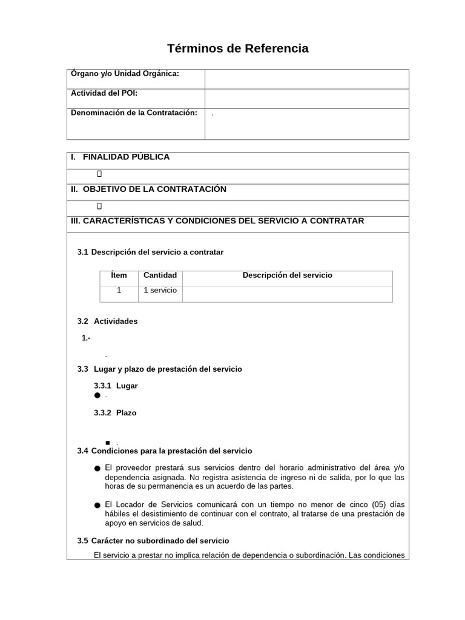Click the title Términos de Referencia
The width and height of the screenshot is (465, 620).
click(237, 48)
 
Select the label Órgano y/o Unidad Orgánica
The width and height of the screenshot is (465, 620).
click(125, 74)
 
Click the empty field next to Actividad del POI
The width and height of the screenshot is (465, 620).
click(306, 99)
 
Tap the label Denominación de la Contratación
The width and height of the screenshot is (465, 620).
click(134, 113)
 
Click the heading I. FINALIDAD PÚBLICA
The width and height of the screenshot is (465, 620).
click(120, 157)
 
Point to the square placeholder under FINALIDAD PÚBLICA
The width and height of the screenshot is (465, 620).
click(99, 174)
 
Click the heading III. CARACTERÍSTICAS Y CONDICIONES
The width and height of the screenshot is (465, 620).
click(217, 221)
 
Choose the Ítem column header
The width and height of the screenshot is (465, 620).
click(119, 275)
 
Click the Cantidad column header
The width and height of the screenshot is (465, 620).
click(160, 275)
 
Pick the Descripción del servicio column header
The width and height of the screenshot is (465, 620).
click(287, 275)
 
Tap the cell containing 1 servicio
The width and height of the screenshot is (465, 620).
click(160, 291)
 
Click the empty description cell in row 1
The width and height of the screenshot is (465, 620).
click(287, 294)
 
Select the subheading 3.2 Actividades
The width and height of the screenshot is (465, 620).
click(108, 322)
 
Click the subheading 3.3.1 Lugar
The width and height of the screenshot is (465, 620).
click(116, 386)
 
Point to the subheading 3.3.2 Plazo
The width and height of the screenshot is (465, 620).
click(116, 413)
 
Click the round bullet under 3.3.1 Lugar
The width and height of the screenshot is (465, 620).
click(97, 395)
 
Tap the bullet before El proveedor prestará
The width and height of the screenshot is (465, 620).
click(97, 469)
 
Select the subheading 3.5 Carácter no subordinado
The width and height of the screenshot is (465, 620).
click(153, 541)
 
